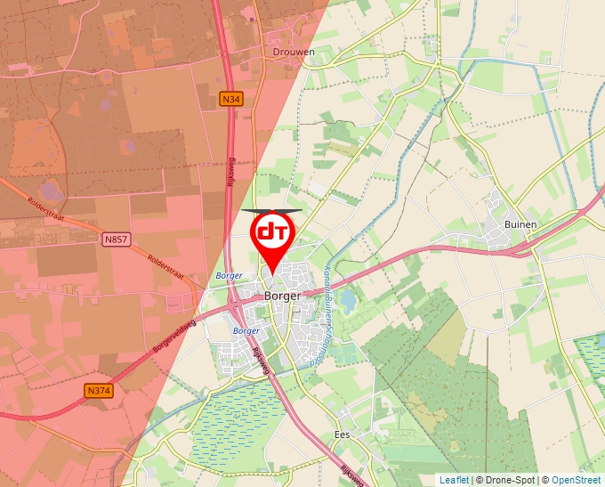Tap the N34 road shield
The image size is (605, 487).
[x=231, y=101]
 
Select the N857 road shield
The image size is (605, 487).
[x=115, y=239]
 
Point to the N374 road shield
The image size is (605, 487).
[x=99, y=390]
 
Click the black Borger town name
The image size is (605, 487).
[x=282, y=296]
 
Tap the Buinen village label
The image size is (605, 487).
[x=520, y=224]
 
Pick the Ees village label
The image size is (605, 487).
[x=342, y=434]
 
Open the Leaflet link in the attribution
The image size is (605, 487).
[x=454, y=480]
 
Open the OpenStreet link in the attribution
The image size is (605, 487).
[x=577, y=480]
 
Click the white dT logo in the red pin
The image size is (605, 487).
[x=270, y=232]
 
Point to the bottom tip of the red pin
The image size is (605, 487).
[x=270, y=272]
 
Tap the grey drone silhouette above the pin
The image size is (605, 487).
[x=271, y=211]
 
